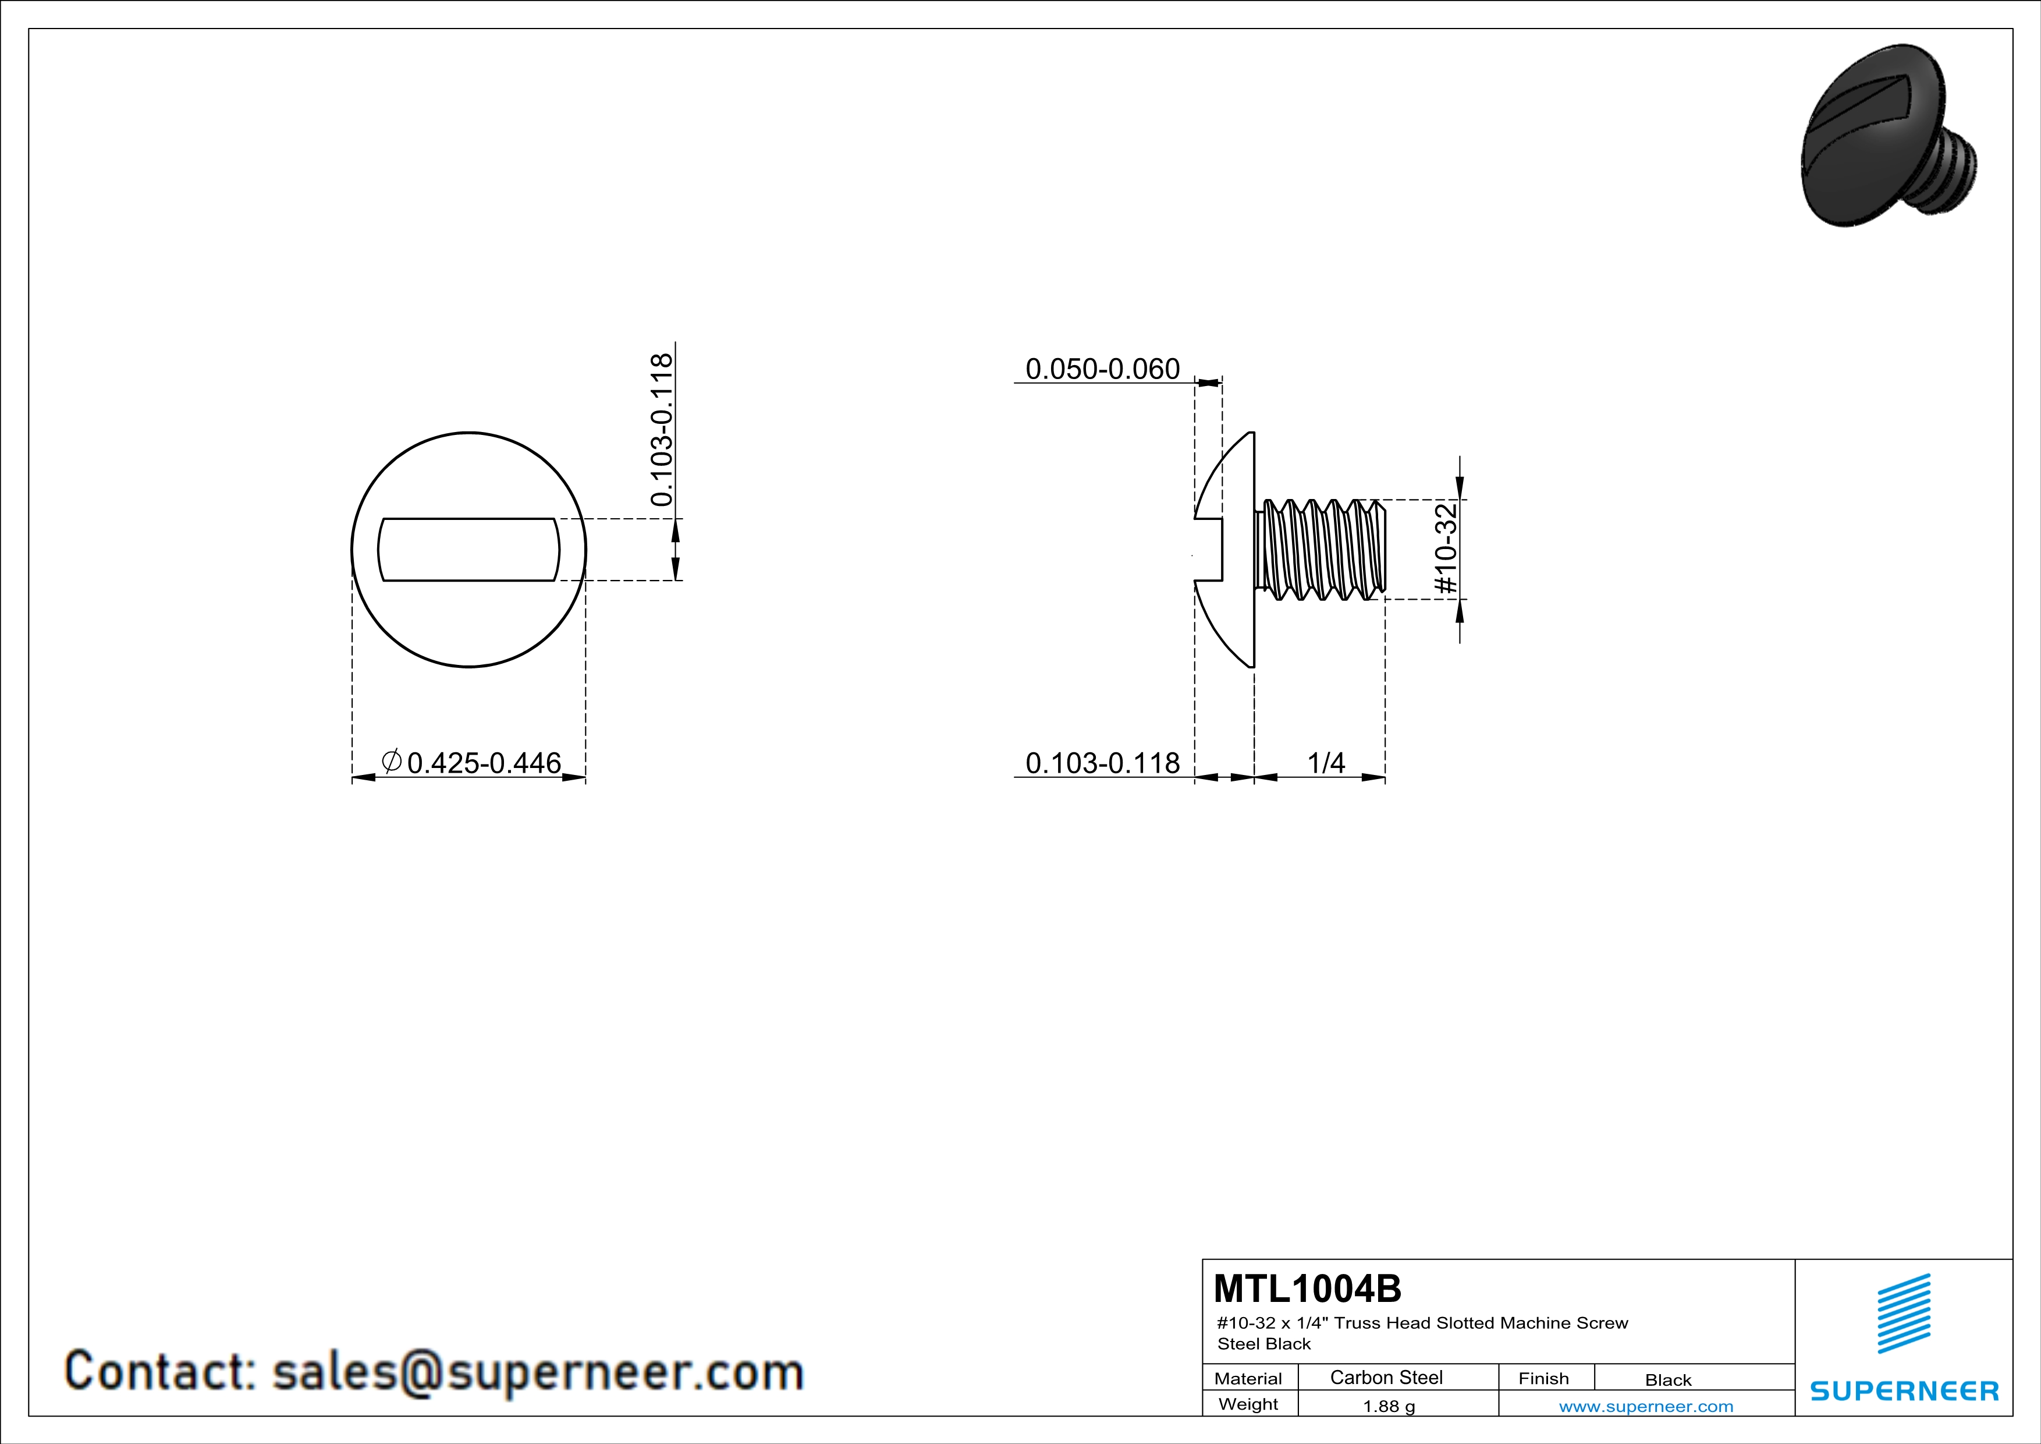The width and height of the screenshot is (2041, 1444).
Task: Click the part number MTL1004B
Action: [x=1307, y=1289]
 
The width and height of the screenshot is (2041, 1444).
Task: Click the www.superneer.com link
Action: [x=1645, y=1406]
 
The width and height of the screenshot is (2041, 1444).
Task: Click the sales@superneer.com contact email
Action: [x=538, y=1371]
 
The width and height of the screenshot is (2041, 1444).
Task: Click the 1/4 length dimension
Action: [x=1326, y=762]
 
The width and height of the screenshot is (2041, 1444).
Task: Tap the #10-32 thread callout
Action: [x=1446, y=548]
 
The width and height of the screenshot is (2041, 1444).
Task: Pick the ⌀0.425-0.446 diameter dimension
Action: [x=471, y=762]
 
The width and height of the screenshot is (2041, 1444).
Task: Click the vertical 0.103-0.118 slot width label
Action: [x=661, y=430]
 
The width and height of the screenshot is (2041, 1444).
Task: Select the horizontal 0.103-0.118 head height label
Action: [x=1102, y=762]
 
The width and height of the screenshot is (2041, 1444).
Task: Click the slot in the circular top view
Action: [x=469, y=550]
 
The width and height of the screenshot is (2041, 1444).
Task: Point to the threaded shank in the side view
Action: [x=1320, y=548]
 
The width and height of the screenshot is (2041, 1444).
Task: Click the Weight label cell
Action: [x=1248, y=1404]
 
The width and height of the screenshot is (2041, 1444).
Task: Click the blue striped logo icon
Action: [x=1904, y=1314]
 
